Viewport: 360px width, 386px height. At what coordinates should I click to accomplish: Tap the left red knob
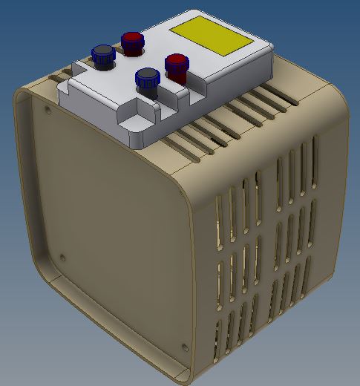132,42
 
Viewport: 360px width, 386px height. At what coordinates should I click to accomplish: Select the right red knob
177,66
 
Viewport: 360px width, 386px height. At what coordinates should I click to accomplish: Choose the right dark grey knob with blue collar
148,79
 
